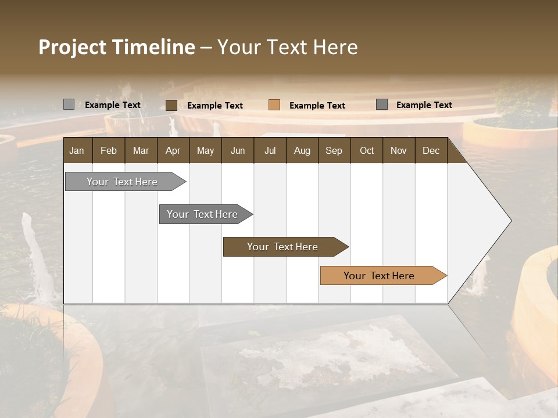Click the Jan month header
tap(77, 150)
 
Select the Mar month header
tap(141, 150)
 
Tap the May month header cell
tap(205, 150)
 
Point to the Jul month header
tap(270, 150)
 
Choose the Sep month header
tap(334, 150)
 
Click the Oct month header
tap(367, 150)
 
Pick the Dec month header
tap(431, 150)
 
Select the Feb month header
tap(109, 150)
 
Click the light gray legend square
tap(69, 105)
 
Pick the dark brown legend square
tap(171, 105)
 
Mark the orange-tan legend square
tap(274, 105)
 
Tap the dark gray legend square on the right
tap(382, 105)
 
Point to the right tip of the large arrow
tap(510, 221)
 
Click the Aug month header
tap(302, 150)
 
